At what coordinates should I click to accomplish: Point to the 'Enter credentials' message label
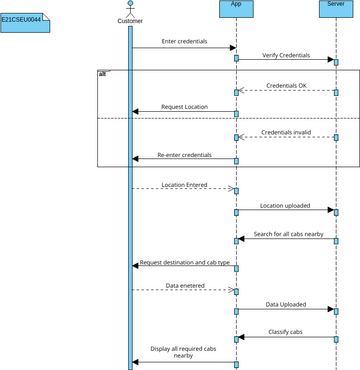184,40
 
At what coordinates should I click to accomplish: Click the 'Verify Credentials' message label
286,55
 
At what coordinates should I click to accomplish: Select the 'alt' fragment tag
103,74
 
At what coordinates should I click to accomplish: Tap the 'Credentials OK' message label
286,86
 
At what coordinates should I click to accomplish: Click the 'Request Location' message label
184,106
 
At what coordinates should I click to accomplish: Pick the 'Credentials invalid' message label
286,131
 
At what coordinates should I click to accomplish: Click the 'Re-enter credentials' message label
184,155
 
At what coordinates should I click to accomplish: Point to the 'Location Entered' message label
184,184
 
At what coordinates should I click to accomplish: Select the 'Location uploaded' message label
286,206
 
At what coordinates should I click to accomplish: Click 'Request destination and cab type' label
185,262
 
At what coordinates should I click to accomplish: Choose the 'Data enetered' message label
184,285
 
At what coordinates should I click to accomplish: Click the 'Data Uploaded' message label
286,304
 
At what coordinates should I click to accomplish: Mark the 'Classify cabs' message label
286,331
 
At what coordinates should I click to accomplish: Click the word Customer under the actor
130,20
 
